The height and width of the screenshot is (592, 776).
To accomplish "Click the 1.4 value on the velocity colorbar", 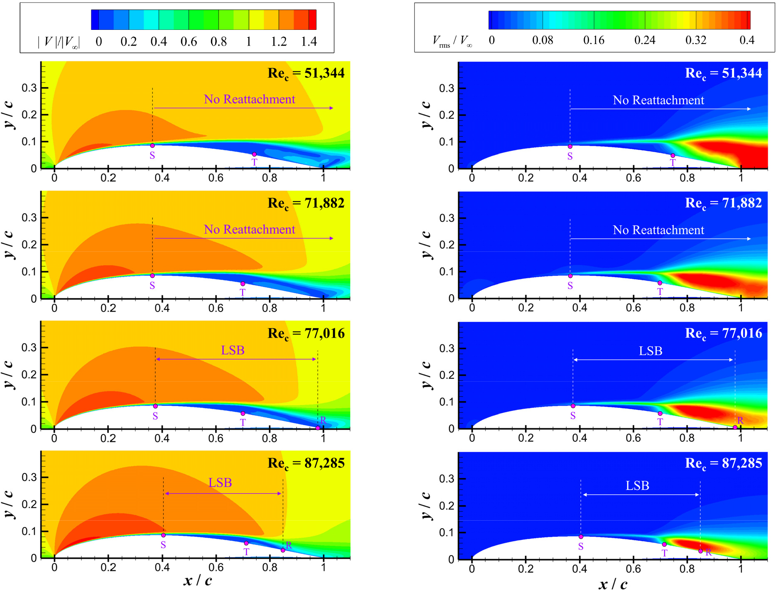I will [309, 42].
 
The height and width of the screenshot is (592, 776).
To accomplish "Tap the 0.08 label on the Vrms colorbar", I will [543, 41].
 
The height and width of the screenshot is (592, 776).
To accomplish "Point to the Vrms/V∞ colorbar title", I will [452, 41].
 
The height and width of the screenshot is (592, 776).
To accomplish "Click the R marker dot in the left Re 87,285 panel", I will [283, 550].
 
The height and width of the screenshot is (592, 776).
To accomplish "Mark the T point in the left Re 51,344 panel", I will [254, 154].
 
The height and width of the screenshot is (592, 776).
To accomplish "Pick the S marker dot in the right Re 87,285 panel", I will [581, 537].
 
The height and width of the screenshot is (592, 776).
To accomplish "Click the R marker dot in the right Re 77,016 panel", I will [735, 427].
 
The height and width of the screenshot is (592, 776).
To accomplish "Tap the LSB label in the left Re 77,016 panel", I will [233, 351].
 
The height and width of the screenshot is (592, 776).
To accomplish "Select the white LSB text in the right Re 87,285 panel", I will [637, 486].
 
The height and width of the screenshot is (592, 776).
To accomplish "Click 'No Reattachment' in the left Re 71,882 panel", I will [249, 229].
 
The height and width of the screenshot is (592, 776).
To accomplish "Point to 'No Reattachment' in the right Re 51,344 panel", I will [658, 100].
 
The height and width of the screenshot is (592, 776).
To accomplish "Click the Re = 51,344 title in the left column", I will [306, 73].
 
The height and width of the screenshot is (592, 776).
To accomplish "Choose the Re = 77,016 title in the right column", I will [723, 334].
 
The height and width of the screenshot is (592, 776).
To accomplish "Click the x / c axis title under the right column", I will [613, 585].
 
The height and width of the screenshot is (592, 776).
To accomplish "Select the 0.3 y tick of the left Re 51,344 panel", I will [29, 88].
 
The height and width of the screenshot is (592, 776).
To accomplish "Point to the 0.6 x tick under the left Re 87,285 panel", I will [216, 568].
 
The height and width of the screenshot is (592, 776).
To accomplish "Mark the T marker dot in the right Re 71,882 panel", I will [660, 283].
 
